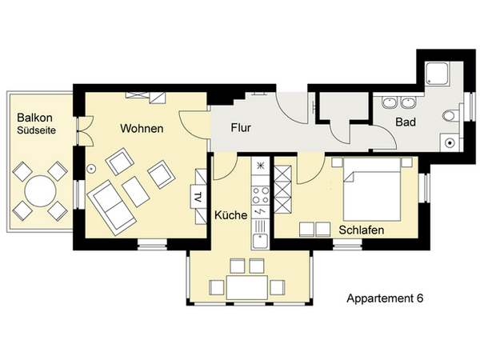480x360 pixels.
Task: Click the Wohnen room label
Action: tap(142, 128)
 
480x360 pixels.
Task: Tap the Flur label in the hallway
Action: tap(241, 128)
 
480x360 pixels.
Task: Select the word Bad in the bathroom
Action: tap(406, 122)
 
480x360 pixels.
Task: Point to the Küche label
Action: tap(231, 215)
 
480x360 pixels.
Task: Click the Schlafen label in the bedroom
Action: tap(362, 230)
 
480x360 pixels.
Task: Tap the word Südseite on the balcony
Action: tap(37, 130)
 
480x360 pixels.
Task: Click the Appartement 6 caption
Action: tap(385, 298)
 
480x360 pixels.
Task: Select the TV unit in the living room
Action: tap(198, 197)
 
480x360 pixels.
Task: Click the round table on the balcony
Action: tap(40, 191)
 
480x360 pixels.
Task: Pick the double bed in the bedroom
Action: tap(372, 189)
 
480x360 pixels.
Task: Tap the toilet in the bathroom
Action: tap(450, 116)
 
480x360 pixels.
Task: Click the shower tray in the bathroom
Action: tap(437, 73)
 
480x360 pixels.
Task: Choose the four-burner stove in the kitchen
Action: tap(261, 195)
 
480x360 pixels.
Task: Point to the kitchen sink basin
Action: tap(261, 240)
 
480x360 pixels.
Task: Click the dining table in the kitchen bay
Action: tap(247, 287)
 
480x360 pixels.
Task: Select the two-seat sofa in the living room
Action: tap(111, 208)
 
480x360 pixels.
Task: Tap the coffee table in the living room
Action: tap(136, 192)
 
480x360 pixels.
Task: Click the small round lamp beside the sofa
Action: tap(91, 168)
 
